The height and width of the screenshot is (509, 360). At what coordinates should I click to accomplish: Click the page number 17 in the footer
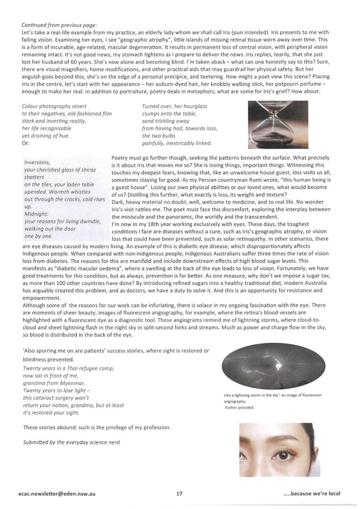coord(180,494)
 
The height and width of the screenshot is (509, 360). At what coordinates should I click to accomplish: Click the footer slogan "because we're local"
coord(312,494)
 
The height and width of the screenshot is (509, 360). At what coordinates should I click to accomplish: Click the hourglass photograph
coord(278,123)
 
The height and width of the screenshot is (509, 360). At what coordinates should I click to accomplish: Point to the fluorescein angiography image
coord(272,368)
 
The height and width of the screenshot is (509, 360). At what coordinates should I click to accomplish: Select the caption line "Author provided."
coord(239,408)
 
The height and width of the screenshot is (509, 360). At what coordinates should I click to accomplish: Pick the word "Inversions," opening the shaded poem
coord(37,162)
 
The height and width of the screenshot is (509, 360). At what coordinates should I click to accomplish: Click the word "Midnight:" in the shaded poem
coord(37,214)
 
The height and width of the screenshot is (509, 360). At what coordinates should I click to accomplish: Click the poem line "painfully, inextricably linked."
coord(177,144)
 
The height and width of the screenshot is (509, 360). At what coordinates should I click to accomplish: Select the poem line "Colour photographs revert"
coord(55,106)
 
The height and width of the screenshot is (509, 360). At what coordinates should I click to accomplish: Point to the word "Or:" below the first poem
coord(27,144)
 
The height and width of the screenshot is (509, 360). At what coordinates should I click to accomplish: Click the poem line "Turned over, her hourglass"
coord(174,106)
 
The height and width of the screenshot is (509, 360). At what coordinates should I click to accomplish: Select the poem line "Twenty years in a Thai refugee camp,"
coord(68,368)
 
